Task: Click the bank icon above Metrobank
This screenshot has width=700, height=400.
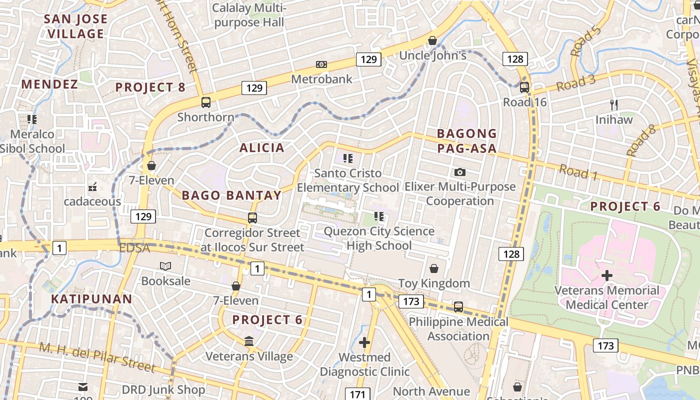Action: pyautogui.click(x=321, y=64)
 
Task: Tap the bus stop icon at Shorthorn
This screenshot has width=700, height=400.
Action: pyautogui.click(x=205, y=102)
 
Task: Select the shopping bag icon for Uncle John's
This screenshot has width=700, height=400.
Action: pyautogui.click(x=432, y=40)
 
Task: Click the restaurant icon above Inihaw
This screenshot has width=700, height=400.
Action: pyautogui.click(x=614, y=105)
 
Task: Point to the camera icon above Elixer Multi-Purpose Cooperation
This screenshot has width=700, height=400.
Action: pyautogui.click(x=460, y=172)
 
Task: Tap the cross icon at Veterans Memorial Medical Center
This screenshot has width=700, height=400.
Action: pyautogui.click(x=607, y=275)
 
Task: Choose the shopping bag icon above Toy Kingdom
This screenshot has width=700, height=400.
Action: pyautogui.click(x=434, y=269)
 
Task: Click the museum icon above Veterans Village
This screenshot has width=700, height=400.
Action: pyautogui.click(x=248, y=342)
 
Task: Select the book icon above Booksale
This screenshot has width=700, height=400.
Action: pyautogui.click(x=165, y=266)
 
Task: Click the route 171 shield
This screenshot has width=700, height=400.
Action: pyautogui.click(x=357, y=394)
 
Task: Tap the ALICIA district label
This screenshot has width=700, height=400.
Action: pyautogui.click(x=261, y=148)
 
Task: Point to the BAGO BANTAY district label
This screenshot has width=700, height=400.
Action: pyautogui.click(x=231, y=195)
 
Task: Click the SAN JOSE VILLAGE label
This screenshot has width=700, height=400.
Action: pyautogui.click(x=76, y=26)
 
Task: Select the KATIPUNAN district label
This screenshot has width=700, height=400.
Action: pyautogui.click(x=91, y=299)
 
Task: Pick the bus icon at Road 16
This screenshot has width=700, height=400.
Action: pyautogui.click(x=524, y=87)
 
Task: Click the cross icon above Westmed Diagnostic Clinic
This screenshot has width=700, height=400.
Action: pyautogui.click(x=364, y=342)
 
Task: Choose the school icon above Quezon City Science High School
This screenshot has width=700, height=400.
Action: pyautogui.click(x=378, y=216)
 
